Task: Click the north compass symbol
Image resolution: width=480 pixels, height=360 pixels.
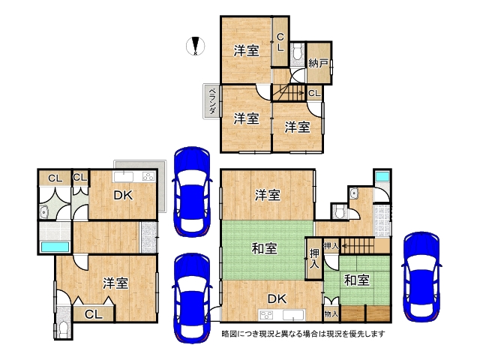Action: tap(196, 46)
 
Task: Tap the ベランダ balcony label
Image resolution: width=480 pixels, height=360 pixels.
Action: tap(211, 101)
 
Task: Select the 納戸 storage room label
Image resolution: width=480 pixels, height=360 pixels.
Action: tap(318, 63)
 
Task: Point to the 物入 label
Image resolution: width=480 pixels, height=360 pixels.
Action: tap(331, 313)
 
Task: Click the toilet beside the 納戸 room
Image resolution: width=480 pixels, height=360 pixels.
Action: tap(297, 53)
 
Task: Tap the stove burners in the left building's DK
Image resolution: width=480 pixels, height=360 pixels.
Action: tap(148, 177)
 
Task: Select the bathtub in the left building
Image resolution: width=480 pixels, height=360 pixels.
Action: tap(55, 247)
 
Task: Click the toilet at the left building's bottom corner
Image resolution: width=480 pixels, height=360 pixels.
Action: tap(64, 330)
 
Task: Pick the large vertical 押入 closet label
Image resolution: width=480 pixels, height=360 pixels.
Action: tap(314, 259)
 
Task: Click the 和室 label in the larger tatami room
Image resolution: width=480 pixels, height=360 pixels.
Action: tap(265, 248)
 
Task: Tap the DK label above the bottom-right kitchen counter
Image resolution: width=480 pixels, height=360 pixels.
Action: tap(277, 298)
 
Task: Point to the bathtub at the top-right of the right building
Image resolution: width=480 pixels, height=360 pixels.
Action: tap(382, 177)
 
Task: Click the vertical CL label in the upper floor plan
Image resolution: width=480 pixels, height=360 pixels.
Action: tap(280, 42)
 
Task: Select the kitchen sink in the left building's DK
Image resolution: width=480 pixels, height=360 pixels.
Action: tap(123, 177)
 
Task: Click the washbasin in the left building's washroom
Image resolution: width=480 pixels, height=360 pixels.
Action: tap(44, 211)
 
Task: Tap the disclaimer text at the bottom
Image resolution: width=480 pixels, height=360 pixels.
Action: tap(303, 333)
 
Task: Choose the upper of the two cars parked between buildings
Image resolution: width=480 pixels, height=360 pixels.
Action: tap(192, 191)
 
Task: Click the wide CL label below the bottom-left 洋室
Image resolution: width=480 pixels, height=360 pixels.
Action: tap(93, 314)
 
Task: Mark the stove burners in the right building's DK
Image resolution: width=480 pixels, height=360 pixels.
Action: tap(266, 315)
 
